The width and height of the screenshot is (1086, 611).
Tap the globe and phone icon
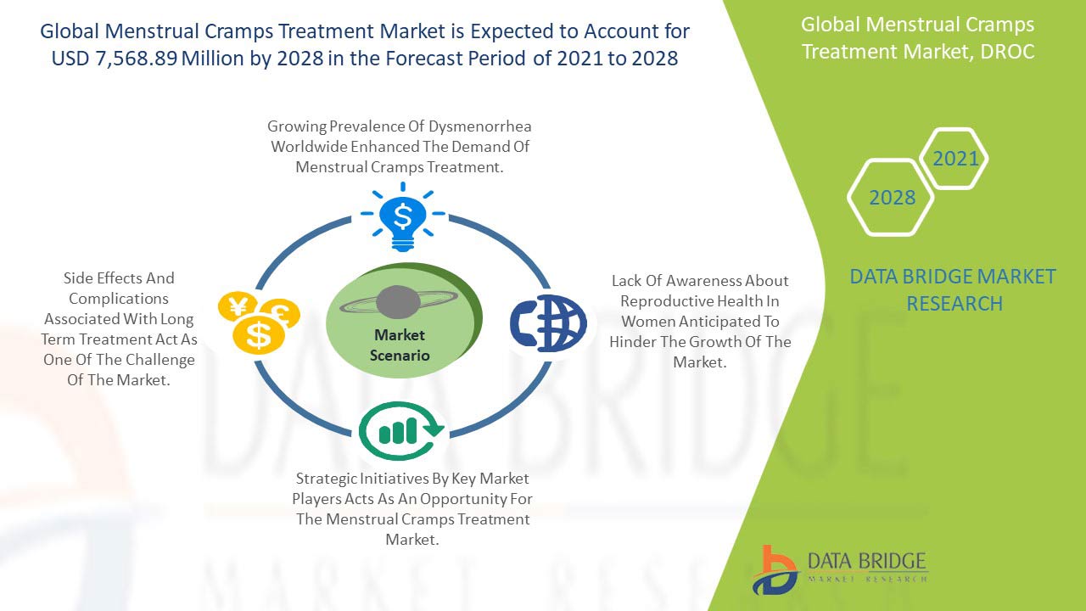(x=548, y=322)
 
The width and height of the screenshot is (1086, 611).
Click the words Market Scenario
(x=400, y=345)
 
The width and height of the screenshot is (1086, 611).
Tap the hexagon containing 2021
(x=954, y=159)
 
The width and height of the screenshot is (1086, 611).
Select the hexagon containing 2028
(x=892, y=198)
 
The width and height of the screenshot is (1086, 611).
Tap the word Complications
(x=119, y=299)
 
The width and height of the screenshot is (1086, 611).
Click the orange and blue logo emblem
(x=775, y=569)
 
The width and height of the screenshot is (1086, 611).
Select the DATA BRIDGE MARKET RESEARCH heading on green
(x=954, y=289)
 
